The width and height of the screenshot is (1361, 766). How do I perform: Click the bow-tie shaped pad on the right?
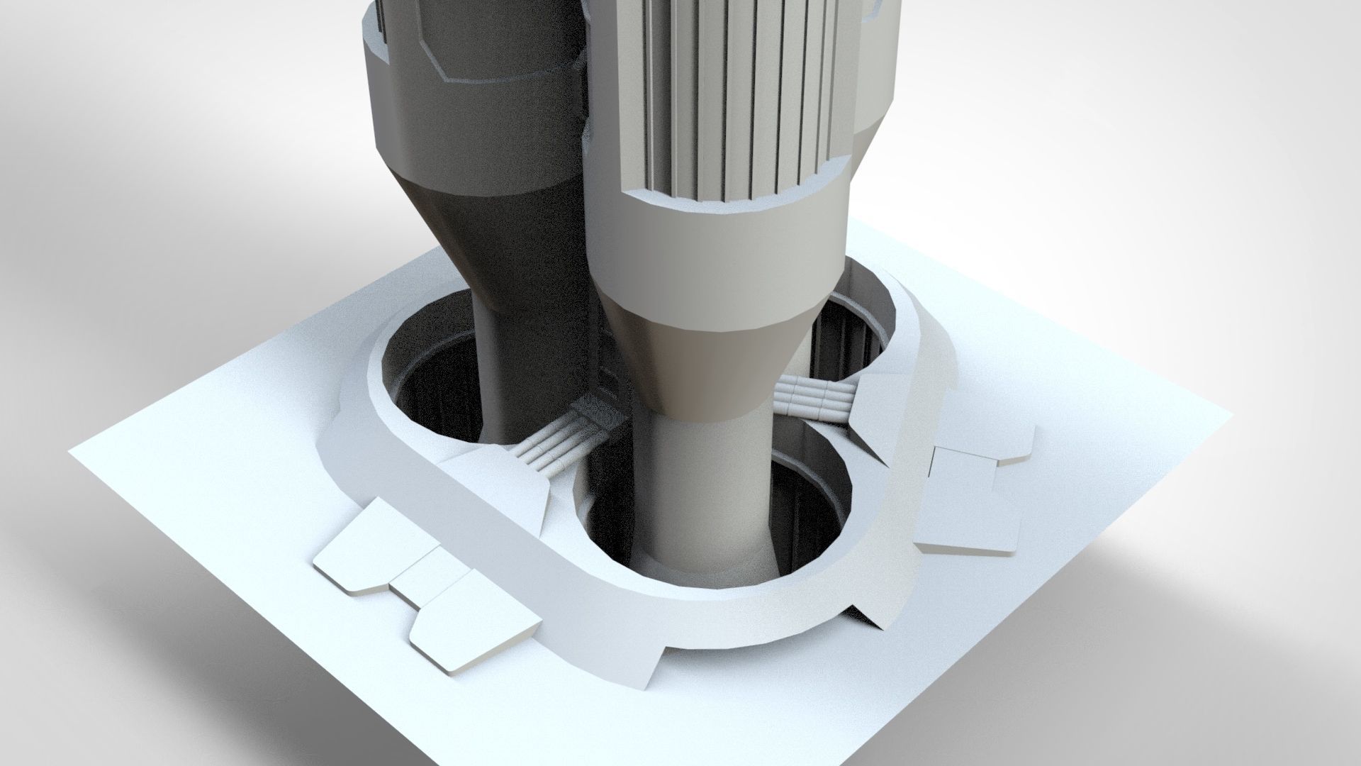click(x=971, y=489)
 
